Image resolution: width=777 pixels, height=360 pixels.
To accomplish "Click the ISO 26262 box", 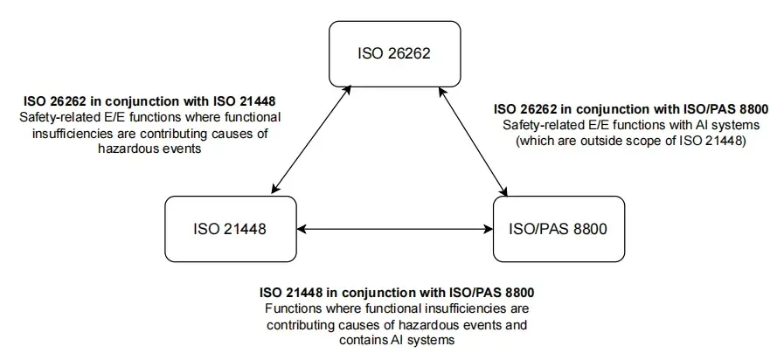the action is click(x=394, y=53).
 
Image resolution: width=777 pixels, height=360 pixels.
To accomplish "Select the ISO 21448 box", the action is click(x=231, y=229).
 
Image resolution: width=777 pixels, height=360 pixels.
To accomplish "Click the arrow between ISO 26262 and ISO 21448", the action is click(x=312, y=140).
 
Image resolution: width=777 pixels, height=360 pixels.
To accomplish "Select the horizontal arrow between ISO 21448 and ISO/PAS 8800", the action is click(x=395, y=229).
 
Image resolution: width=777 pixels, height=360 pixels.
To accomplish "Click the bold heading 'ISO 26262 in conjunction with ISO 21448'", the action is click(x=149, y=102).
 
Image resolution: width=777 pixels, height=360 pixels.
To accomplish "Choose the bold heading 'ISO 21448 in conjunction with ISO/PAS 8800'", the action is click(x=398, y=293).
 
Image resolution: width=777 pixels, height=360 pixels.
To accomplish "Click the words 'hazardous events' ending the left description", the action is click(x=149, y=149).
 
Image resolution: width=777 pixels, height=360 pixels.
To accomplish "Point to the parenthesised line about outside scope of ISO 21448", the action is click(x=631, y=140).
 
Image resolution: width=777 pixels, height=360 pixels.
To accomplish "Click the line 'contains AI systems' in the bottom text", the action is click(x=397, y=340).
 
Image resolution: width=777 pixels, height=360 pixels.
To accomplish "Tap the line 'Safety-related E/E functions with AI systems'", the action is click(x=631, y=125).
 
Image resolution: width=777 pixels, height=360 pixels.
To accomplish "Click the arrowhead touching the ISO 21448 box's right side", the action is click(x=302, y=229).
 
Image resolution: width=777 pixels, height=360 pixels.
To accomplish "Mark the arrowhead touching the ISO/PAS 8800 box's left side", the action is click(x=488, y=229).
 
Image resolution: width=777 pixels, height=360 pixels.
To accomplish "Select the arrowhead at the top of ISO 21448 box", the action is click(x=275, y=189).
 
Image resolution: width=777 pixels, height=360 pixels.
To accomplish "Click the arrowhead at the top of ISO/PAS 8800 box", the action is click(x=503, y=191).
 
